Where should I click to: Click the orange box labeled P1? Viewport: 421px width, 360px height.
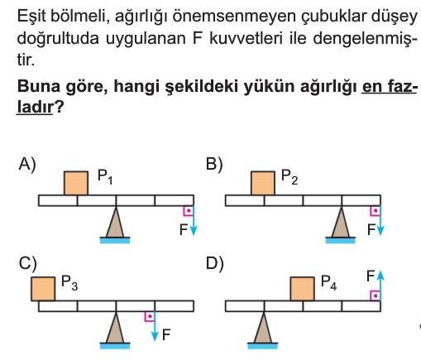(x=76, y=183)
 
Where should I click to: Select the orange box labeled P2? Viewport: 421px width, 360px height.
(x=263, y=183)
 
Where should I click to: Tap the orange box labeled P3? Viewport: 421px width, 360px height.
(x=43, y=289)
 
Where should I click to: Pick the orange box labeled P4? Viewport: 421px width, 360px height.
(x=303, y=289)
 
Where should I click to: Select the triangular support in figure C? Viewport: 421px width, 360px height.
(x=115, y=328)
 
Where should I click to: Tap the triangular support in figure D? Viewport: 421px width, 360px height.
(x=263, y=328)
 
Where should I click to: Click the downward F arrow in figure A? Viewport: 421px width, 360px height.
(x=194, y=220)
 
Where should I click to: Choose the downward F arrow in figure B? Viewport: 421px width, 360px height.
(x=380, y=220)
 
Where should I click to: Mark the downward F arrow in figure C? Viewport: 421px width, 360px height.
(x=155, y=326)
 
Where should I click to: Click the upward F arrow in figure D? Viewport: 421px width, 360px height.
(x=380, y=286)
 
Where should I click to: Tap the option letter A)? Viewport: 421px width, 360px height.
(x=27, y=165)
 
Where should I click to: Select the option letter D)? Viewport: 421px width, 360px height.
(x=214, y=263)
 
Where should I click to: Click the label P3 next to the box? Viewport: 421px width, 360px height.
(x=69, y=283)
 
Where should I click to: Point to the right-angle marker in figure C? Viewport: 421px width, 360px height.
(x=149, y=316)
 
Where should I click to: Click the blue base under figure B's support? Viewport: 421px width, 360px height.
(x=341, y=240)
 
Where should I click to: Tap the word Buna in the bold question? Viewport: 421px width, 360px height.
(x=39, y=86)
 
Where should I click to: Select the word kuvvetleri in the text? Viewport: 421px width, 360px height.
(x=246, y=38)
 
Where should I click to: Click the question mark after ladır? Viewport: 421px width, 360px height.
(x=59, y=107)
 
